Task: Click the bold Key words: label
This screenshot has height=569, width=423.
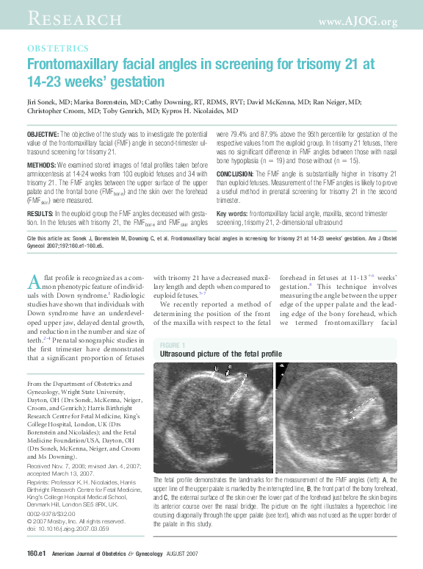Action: [253, 213]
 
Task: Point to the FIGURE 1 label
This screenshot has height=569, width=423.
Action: [173, 345]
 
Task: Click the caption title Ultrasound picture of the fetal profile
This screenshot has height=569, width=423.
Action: [220, 354]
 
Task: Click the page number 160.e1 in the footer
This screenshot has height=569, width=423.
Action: [37, 552]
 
